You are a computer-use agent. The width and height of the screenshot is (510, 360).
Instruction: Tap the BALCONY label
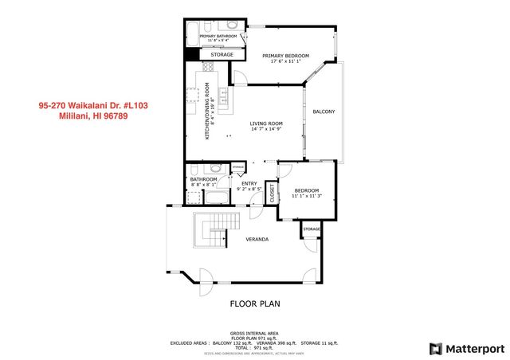click(324, 112)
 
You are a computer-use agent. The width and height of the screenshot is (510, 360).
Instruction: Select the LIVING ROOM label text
click(266, 123)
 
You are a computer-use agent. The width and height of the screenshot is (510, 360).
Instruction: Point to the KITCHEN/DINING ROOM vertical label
click(207, 112)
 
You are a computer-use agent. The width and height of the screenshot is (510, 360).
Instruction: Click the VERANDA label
click(257, 239)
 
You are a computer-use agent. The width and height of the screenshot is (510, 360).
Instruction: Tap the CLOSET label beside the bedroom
click(272, 192)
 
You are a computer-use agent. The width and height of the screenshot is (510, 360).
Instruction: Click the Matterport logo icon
click(434, 348)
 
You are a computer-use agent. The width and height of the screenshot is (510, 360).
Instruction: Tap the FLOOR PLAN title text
click(255, 303)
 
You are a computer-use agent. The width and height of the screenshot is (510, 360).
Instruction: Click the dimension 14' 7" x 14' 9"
click(266, 130)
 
